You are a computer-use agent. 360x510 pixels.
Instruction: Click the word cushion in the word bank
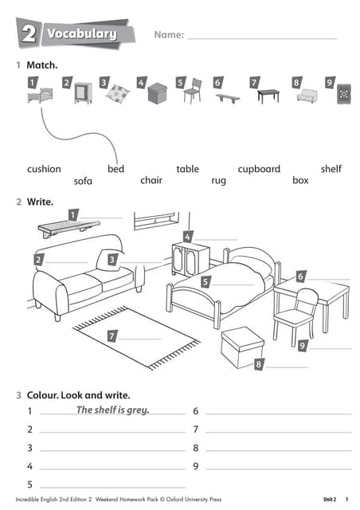(44, 169)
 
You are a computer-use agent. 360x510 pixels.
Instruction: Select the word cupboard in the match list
(259, 169)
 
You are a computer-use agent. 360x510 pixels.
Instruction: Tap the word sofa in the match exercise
(83, 181)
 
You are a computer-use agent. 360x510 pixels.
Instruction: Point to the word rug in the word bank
(218, 181)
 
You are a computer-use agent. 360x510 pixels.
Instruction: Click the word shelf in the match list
(331, 169)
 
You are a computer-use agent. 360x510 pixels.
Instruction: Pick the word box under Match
(300, 181)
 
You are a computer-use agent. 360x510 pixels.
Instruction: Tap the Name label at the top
(169, 35)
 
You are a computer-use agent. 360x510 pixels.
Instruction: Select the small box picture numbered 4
(158, 93)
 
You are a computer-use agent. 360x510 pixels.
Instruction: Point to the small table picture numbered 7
(268, 96)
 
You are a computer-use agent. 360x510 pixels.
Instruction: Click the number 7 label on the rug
(112, 335)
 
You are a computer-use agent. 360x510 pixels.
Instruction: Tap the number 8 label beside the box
(259, 364)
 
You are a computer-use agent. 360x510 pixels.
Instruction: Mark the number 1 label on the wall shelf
(72, 214)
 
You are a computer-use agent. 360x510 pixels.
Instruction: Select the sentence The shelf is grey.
(112, 410)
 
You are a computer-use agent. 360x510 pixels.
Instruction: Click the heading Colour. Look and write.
(78, 394)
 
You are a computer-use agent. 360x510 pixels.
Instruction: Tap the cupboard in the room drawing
(190, 259)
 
